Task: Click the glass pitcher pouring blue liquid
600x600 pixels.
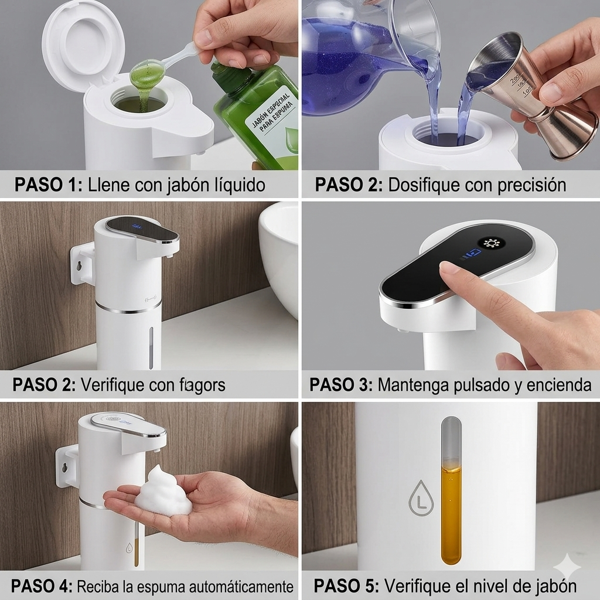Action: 363,53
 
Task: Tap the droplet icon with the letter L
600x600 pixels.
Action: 421,498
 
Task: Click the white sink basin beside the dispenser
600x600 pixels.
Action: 280,252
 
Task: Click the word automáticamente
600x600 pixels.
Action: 244,586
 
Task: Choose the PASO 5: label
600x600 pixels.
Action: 345,586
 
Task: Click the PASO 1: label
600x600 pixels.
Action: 49,185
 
